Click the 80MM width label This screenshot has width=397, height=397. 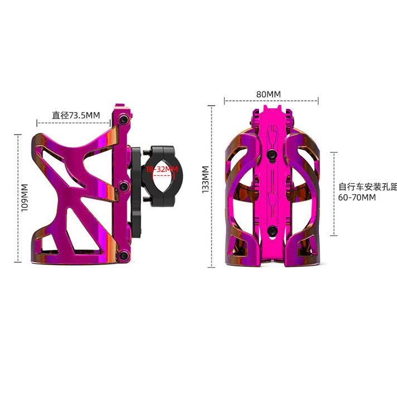pos(269,94)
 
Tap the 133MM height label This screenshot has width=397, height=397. pos(205,179)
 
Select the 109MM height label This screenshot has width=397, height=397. pos(25,198)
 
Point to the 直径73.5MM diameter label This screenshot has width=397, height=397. pos(76,115)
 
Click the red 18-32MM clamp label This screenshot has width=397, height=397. pos(162,169)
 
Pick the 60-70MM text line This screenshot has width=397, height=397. pos(357,198)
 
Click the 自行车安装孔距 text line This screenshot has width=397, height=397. pos(367,187)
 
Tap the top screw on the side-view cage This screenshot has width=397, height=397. pos(123,119)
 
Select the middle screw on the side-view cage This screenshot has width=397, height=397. pos(124,186)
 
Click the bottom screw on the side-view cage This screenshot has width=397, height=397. pos(124,255)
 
